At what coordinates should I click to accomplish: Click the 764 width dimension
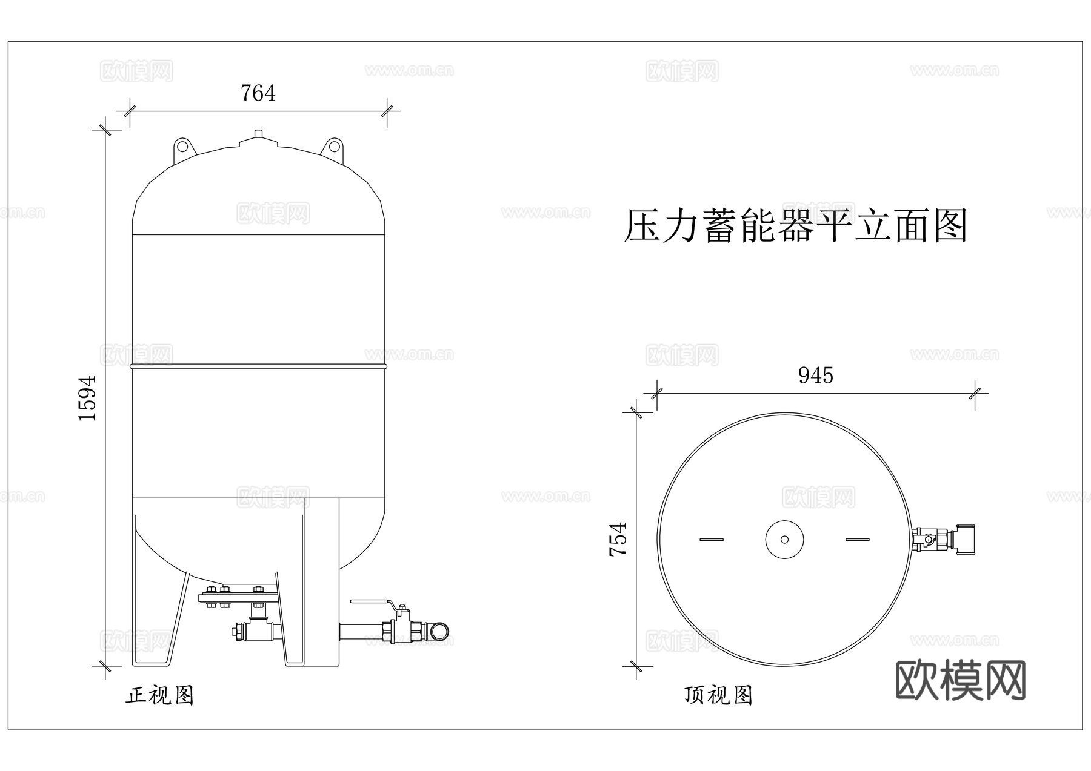coord(258,93)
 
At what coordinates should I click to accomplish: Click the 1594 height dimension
coord(88,398)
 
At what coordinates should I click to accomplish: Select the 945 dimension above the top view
coord(815,376)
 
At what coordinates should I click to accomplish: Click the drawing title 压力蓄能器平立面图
coord(795,227)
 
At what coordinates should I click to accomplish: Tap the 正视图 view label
coord(159,695)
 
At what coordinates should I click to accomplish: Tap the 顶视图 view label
coord(718,695)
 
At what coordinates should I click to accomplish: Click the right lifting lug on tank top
coord(333,147)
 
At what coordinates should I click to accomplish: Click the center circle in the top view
coord(784,539)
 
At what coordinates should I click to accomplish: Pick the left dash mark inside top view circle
coord(711,539)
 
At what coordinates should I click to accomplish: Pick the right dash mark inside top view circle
coord(857,539)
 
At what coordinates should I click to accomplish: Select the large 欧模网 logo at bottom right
coord(960,680)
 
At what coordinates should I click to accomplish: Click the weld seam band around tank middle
coord(258,366)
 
